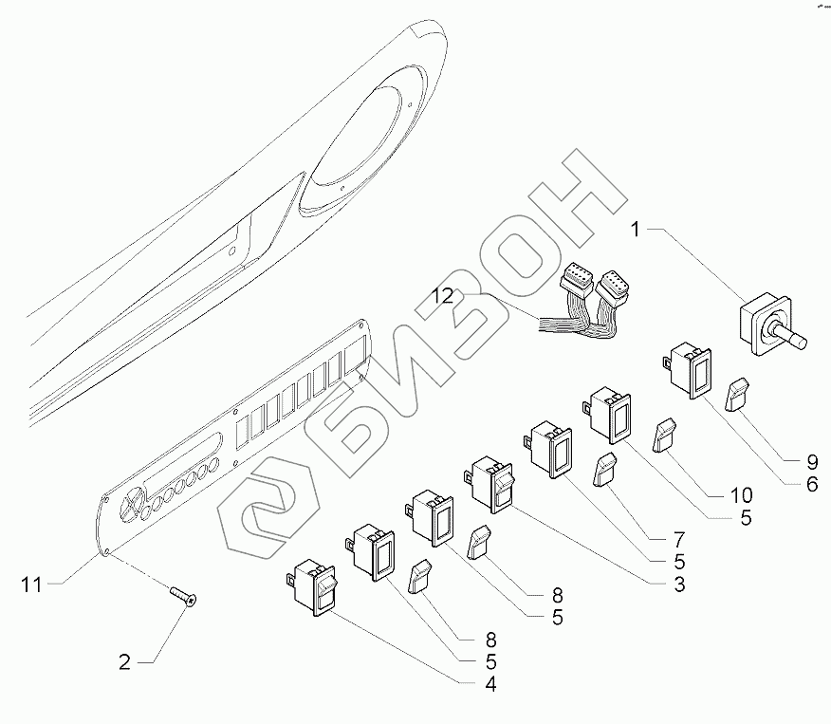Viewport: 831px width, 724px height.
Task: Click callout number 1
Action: [635, 230]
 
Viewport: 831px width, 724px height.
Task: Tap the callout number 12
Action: [442, 296]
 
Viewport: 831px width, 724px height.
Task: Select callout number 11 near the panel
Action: [31, 585]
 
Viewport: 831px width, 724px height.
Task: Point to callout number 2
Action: [124, 662]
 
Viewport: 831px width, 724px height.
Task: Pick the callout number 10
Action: [742, 495]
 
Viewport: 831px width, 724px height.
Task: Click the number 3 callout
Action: [679, 585]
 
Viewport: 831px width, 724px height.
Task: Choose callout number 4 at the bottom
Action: [490, 684]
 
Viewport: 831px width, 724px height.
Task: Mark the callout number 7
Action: [679, 540]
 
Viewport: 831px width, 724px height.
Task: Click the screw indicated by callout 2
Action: [183, 596]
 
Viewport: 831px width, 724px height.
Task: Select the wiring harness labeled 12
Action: [583, 306]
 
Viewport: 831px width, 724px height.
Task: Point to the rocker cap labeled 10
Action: [665, 436]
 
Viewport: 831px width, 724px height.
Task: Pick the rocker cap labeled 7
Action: [603, 469]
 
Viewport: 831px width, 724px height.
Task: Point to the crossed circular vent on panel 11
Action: [133, 502]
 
